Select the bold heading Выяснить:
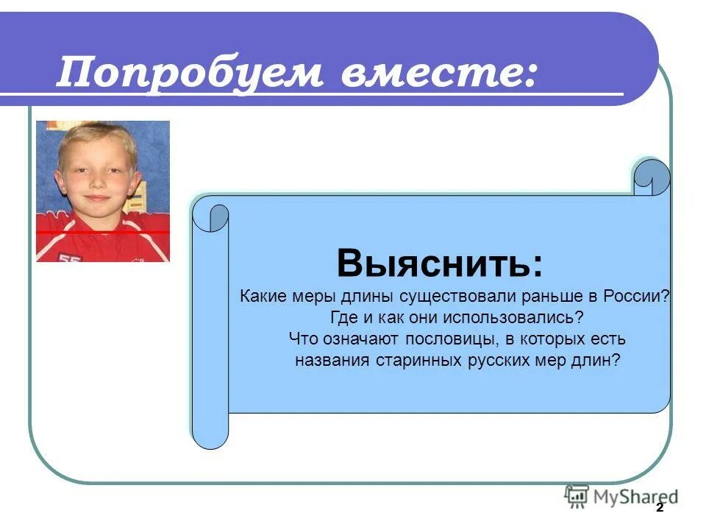[441, 262]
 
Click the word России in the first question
[638, 297]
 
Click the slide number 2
[660, 509]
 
